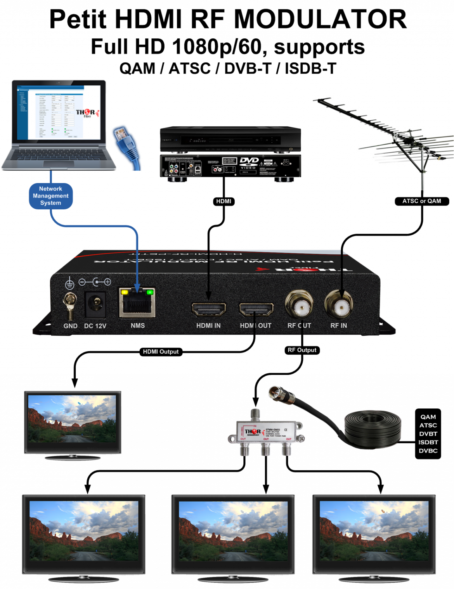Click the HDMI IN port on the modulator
coord(209,309)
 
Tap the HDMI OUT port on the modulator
coord(256,309)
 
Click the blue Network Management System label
coord(50,196)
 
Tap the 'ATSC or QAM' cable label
coord(421,201)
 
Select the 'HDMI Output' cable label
coord(161,352)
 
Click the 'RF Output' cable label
coord(302,350)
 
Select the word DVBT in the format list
coord(428,434)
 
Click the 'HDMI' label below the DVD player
coord(224,201)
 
